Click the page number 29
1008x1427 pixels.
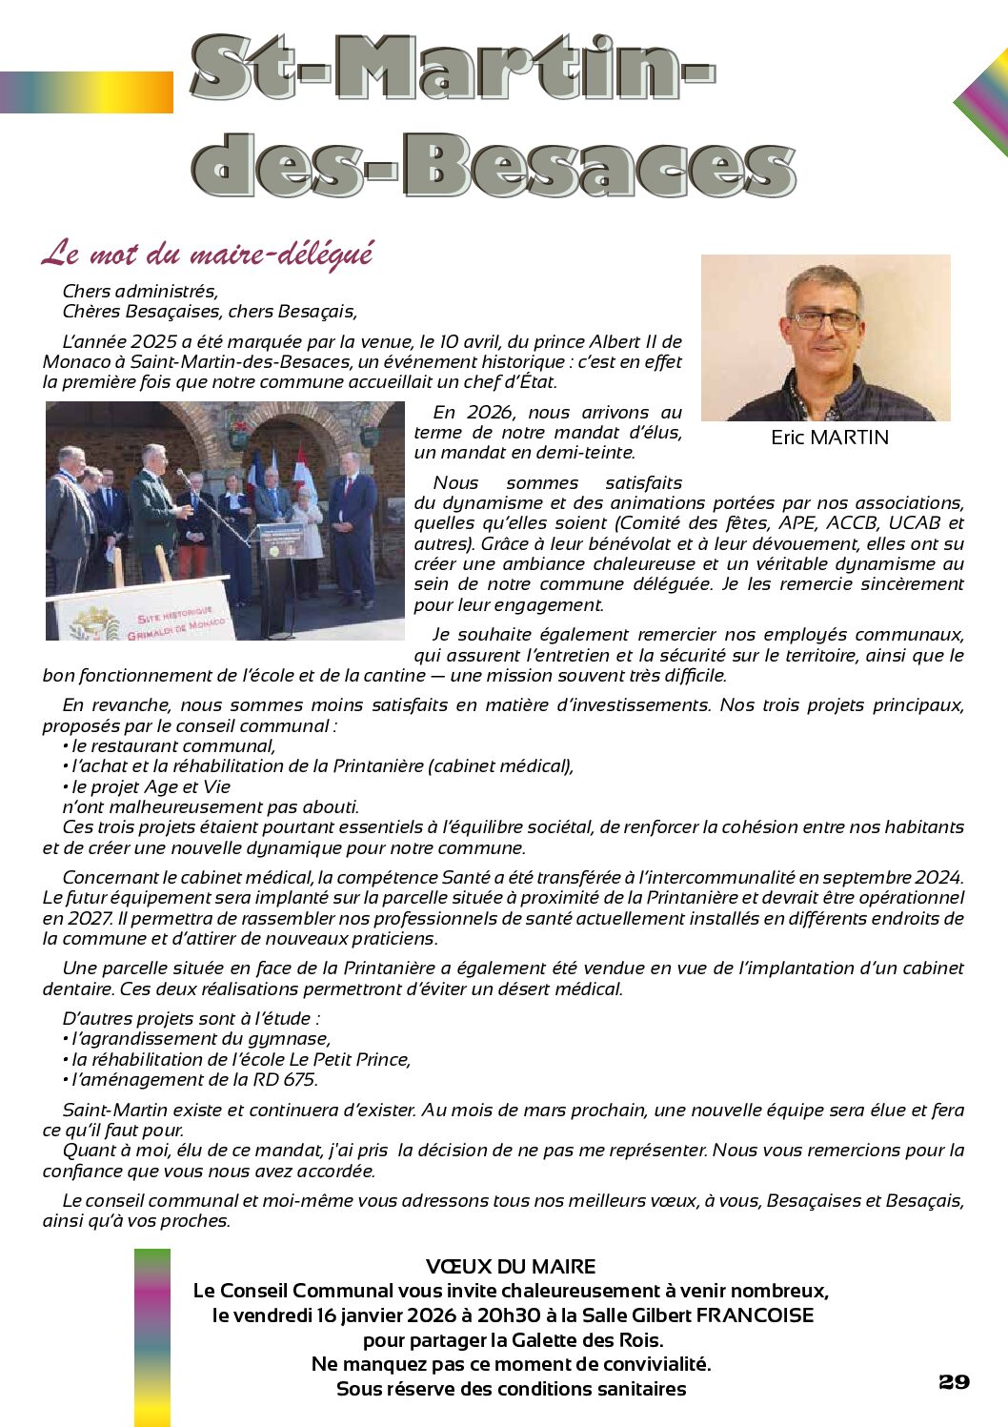(954, 1382)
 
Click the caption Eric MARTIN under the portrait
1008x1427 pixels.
(830, 438)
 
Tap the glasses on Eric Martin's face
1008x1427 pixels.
(825, 320)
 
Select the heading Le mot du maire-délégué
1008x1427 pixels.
(208, 255)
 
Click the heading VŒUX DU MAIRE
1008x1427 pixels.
(511, 1267)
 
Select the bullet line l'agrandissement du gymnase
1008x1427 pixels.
(200, 1039)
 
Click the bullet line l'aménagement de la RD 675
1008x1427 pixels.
(193, 1080)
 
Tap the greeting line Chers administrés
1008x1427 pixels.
(140, 292)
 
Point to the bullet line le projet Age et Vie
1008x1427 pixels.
(151, 786)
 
